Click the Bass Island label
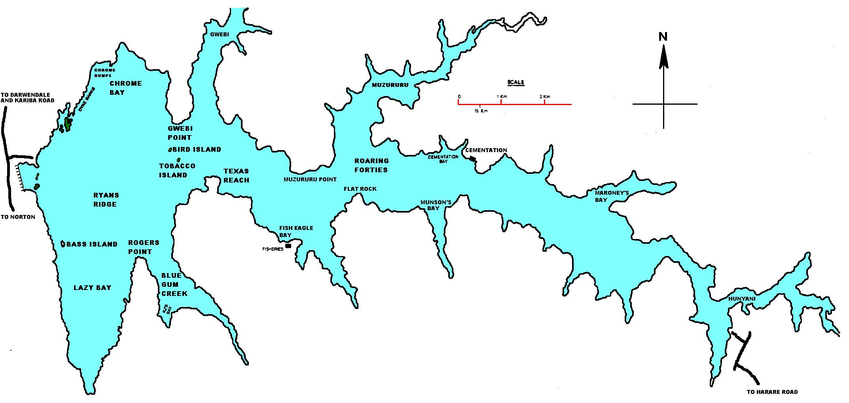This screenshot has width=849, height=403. point(92,244)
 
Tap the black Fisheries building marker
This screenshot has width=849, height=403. point(288,246)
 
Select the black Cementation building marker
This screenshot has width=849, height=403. point(472,158)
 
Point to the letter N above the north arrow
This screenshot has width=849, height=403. point(663,37)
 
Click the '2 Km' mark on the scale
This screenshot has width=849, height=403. point(544,97)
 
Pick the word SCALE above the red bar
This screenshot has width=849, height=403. point(516,83)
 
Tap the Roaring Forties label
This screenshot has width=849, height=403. point(371,165)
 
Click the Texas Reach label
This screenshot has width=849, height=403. point(236,175)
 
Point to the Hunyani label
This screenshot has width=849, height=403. point(742,299)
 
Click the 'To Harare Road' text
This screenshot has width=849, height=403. point(772,392)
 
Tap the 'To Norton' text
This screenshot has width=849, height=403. point(18,217)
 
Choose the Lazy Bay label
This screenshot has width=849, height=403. point(93,288)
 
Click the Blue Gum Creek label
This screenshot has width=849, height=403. point(174,284)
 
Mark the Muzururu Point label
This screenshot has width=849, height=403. point(310,179)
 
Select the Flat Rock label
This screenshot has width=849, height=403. point(360,189)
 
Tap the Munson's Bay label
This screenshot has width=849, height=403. point(436,205)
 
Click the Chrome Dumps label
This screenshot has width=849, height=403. point(105,73)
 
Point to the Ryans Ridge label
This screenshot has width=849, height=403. point(106,200)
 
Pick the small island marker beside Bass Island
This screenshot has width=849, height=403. point(63,244)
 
